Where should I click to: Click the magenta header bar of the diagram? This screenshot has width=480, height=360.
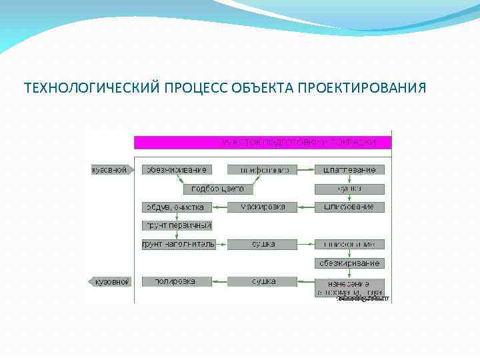click(x=263, y=142)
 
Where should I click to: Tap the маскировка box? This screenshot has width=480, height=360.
click(x=262, y=207)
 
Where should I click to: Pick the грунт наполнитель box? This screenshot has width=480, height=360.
click(x=177, y=244)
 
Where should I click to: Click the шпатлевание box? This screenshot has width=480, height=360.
click(x=349, y=170)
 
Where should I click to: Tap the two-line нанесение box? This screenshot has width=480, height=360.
click(x=349, y=287)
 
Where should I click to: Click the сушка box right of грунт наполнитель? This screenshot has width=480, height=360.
click(x=263, y=244)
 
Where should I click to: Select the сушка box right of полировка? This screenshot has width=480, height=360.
click(x=263, y=281)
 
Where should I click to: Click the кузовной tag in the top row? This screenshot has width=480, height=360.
click(x=110, y=170)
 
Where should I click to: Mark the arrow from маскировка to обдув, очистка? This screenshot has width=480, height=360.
click(x=220, y=207)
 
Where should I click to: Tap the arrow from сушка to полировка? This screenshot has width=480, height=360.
click(x=220, y=281)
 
